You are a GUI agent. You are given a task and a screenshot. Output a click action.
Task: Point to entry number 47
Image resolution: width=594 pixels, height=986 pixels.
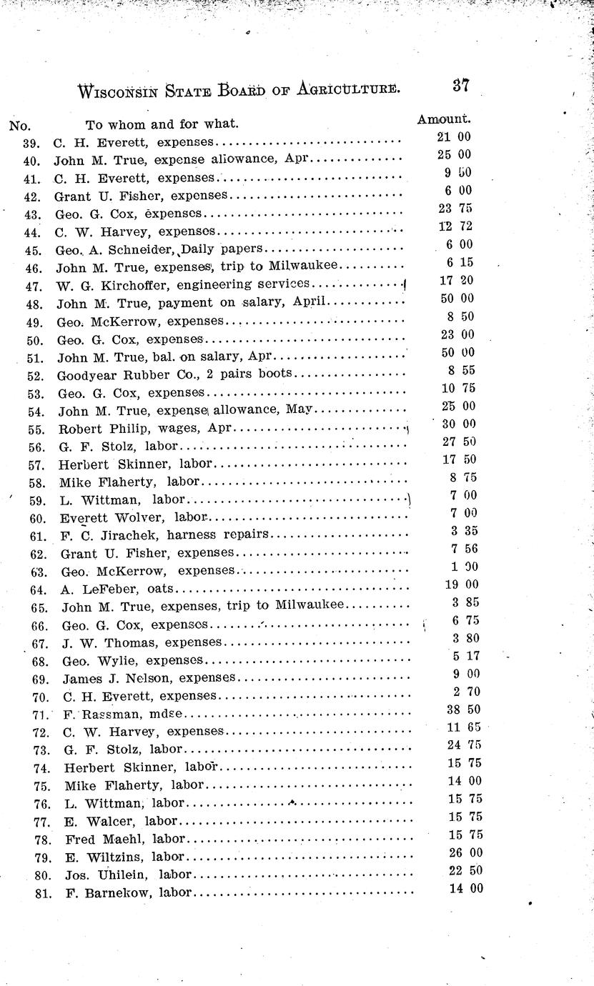[x=38, y=285]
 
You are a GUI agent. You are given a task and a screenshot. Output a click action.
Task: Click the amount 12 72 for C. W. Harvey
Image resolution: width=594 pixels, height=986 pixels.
[x=455, y=226]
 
